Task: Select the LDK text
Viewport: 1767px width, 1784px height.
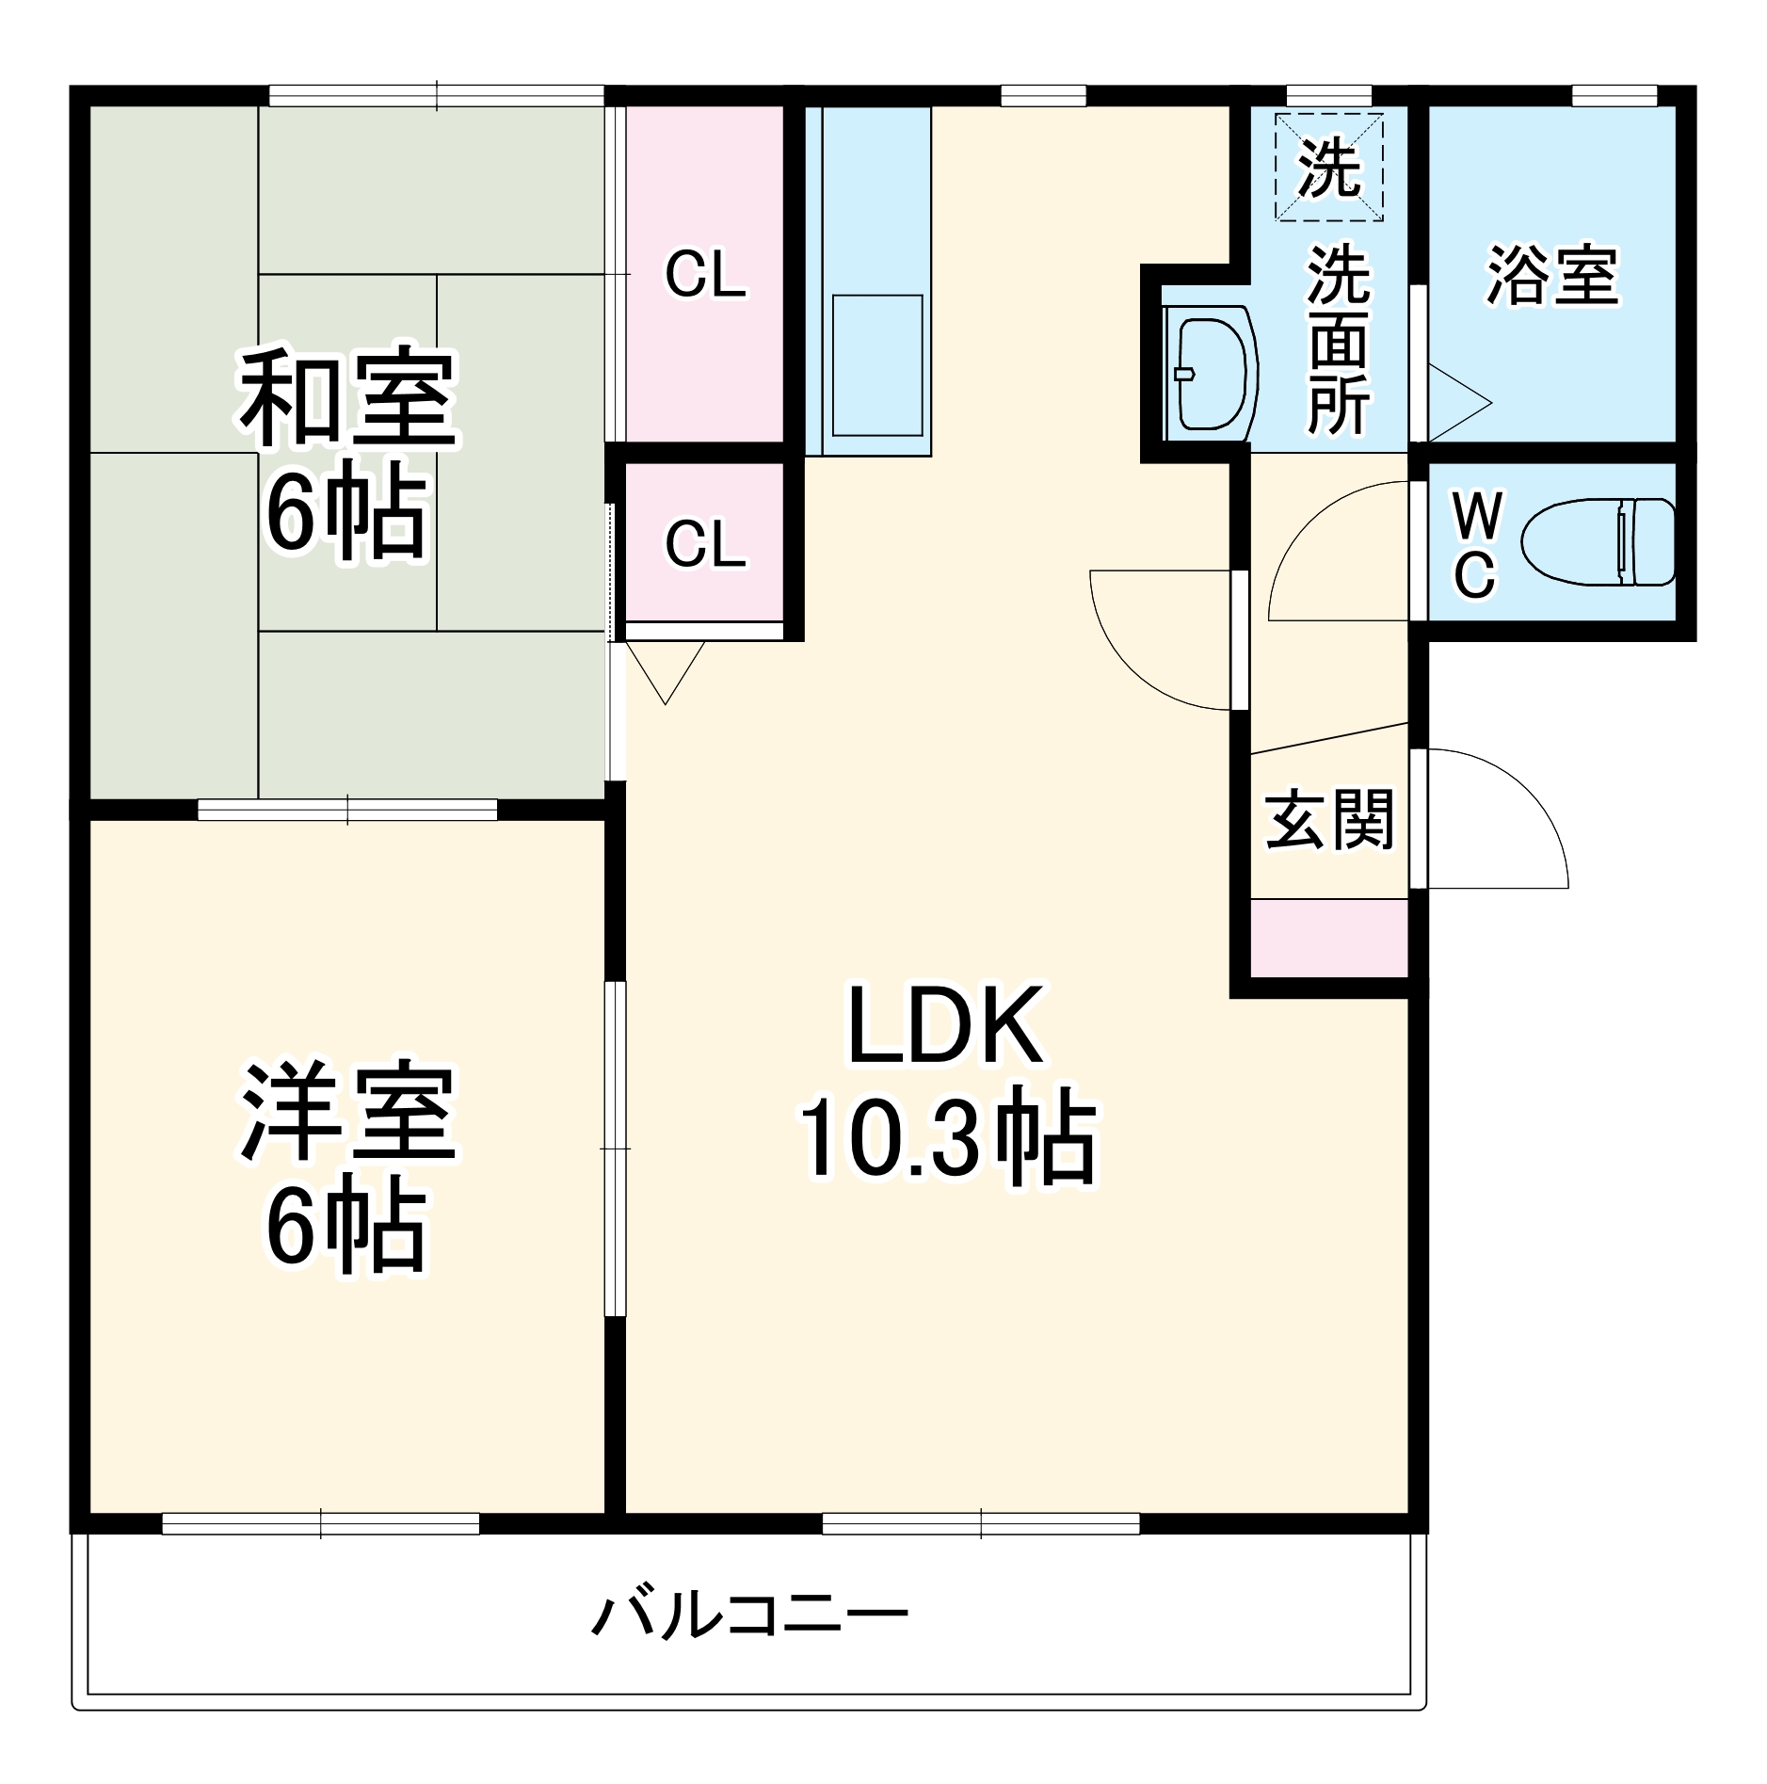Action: click(x=945, y=1025)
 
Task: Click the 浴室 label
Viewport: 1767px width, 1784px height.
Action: click(x=1552, y=276)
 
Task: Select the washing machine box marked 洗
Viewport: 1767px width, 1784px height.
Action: click(x=1328, y=168)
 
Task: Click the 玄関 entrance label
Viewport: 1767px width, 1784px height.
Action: click(x=1328, y=819)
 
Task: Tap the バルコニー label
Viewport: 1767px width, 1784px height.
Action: click(x=750, y=1615)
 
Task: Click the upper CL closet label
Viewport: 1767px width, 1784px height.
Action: click(x=705, y=275)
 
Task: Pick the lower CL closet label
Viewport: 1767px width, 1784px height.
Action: click(x=705, y=543)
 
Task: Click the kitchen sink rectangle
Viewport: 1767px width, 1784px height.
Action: click(x=876, y=365)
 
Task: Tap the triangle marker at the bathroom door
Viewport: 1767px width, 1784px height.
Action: click(x=1456, y=403)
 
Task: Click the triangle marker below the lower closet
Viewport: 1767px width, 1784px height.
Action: click(x=666, y=670)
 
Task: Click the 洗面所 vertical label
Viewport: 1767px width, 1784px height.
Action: click(x=1339, y=341)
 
